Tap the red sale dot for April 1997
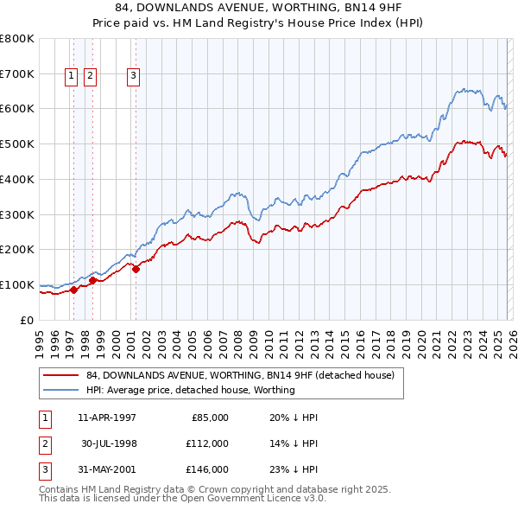coord(74,290)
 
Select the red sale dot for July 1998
coord(92,280)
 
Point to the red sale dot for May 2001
coord(136,268)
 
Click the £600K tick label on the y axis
coord(16,109)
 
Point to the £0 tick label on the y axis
coord(26,320)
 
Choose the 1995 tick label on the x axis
coord(40,342)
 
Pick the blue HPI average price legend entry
coord(190,390)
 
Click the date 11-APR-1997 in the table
coord(106,418)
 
